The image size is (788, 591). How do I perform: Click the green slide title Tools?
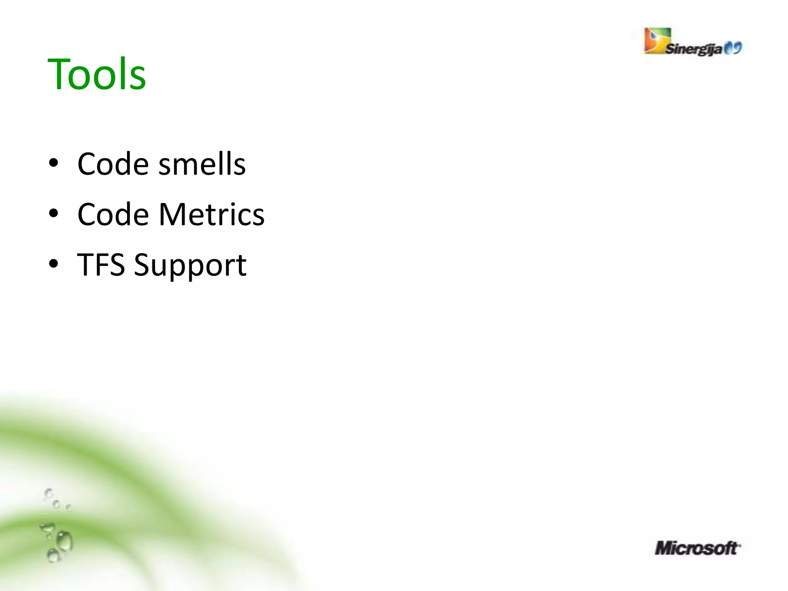click(97, 74)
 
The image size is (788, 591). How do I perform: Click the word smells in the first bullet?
click(202, 164)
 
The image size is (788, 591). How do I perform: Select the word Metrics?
click(212, 214)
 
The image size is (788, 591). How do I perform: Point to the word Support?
click(190, 265)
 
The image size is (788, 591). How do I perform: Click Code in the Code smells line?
click(113, 164)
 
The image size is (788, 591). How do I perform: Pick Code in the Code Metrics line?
click(113, 214)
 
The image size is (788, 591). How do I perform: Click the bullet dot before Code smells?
click(54, 163)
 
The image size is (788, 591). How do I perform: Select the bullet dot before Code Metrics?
click(54, 214)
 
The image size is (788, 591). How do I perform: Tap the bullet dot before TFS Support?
click(54, 264)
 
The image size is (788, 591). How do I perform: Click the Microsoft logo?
click(697, 548)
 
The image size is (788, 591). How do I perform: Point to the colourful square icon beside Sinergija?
click(657, 40)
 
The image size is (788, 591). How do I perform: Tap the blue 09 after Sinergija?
click(733, 48)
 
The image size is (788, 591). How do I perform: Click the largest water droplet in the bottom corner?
click(65, 541)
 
